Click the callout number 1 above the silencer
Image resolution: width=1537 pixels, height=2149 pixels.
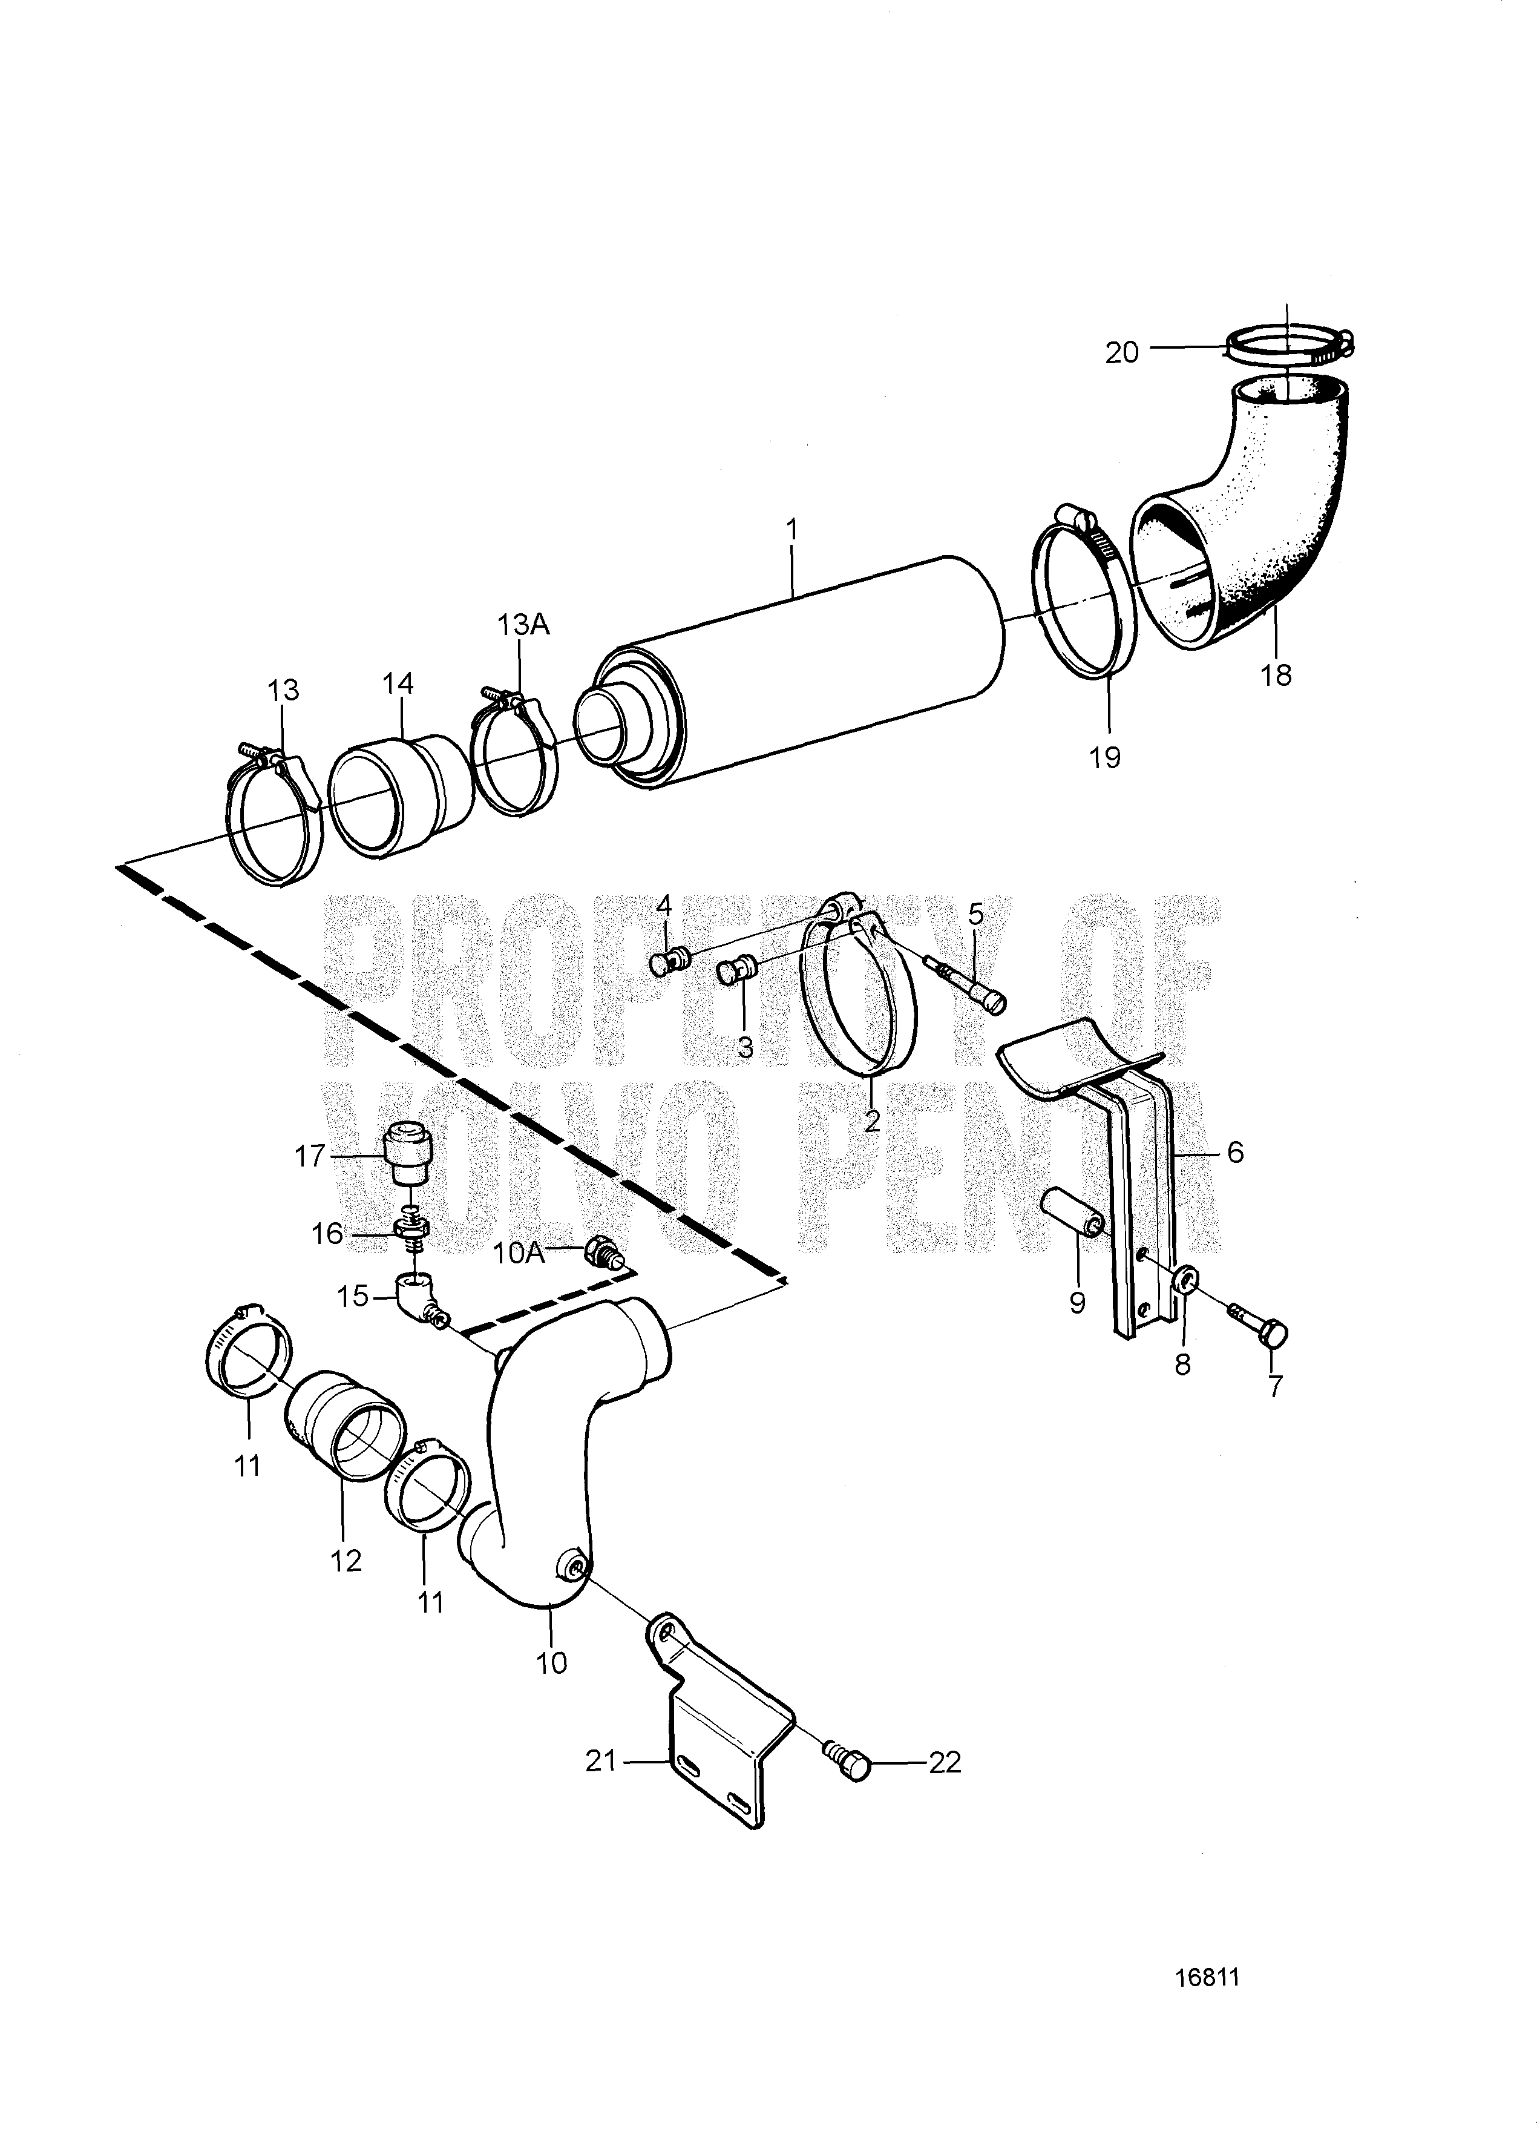click(791, 528)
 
